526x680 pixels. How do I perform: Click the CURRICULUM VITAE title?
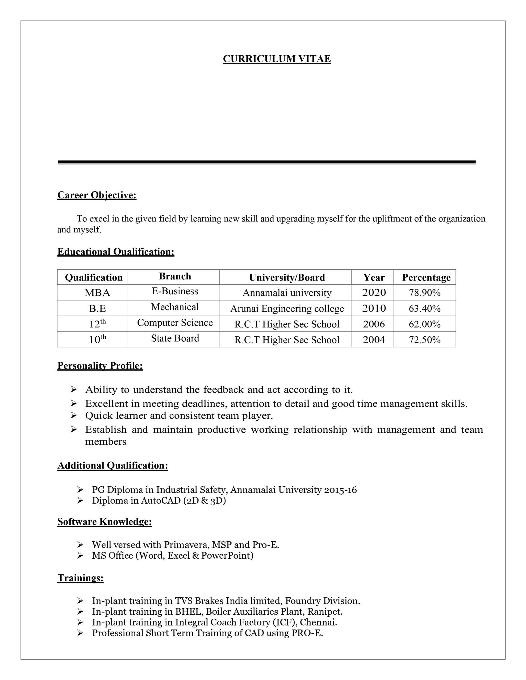pos(277,59)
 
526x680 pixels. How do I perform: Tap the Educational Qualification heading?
pos(116,252)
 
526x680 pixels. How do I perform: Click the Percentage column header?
pos(426,277)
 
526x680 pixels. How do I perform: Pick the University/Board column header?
pos(287,277)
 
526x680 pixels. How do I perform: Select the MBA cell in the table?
pos(97,293)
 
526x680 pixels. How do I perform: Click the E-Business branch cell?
pos(175,291)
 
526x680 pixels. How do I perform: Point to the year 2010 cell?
pos(374,308)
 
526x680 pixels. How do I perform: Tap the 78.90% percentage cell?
pos(425,293)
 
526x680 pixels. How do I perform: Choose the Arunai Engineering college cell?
pos(287,309)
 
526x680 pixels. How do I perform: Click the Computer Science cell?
pos(175,322)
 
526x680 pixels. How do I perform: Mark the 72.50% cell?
pos(425,340)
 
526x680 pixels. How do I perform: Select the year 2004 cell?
pos(374,340)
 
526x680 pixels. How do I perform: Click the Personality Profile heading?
pos(100,365)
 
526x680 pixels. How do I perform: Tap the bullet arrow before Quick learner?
pos(74,415)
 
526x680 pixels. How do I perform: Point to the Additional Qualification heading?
pos(112,465)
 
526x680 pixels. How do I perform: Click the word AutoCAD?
pos(161,500)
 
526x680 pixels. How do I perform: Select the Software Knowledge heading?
pos(105,521)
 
